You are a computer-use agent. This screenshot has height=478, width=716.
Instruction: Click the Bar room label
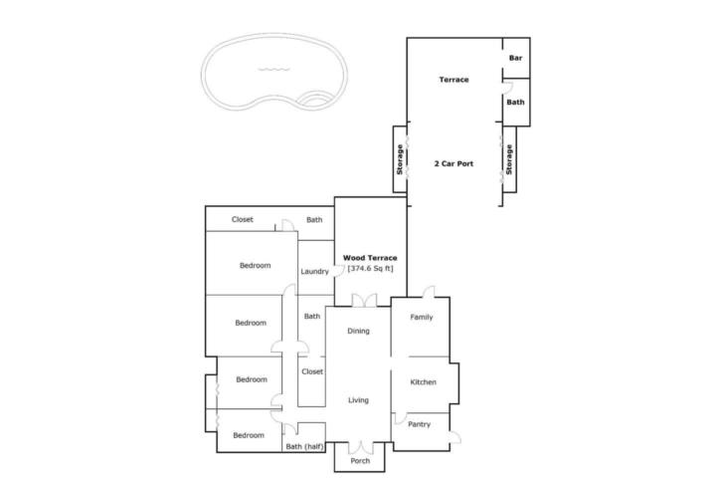[x=515, y=58]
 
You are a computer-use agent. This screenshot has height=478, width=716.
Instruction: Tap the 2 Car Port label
[x=453, y=163]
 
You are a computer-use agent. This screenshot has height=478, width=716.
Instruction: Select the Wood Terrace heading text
[x=370, y=258]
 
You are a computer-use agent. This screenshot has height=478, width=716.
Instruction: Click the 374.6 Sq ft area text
[x=370, y=269]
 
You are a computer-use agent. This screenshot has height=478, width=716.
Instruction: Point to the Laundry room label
[x=314, y=271]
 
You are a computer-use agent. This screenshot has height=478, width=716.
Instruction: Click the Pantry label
[x=420, y=424]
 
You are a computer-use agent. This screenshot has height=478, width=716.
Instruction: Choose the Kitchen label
[x=424, y=382]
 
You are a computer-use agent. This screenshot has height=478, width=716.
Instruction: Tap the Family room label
[x=421, y=317]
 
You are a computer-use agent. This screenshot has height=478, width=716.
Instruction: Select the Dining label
[x=358, y=331]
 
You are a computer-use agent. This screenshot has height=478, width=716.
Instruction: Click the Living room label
[x=358, y=400]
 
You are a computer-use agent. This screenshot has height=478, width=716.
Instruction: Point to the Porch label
[x=360, y=461]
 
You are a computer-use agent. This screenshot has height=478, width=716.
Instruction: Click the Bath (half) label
[x=304, y=446]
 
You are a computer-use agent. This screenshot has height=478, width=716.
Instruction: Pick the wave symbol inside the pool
[x=274, y=70]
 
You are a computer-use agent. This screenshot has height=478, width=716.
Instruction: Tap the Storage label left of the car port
[x=400, y=159]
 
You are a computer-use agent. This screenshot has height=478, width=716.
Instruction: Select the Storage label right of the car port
[x=509, y=159]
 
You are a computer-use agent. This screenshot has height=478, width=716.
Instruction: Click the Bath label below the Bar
[x=515, y=102]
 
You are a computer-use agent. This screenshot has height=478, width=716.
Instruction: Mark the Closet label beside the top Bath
[x=242, y=219]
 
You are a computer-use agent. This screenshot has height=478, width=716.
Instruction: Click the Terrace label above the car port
[x=453, y=80]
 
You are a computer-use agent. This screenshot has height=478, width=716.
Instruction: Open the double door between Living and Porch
[x=361, y=447]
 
